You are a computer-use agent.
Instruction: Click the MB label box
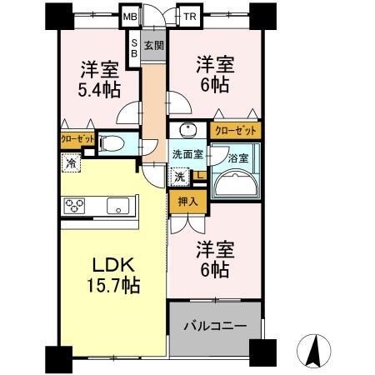(131, 16)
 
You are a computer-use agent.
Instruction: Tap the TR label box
(191, 16)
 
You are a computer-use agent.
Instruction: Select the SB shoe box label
(133, 49)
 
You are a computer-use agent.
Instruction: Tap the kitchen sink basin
(116, 204)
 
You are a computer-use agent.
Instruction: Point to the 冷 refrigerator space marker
(72, 163)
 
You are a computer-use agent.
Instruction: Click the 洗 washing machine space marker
(180, 176)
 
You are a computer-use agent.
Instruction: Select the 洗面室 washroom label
(187, 154)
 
